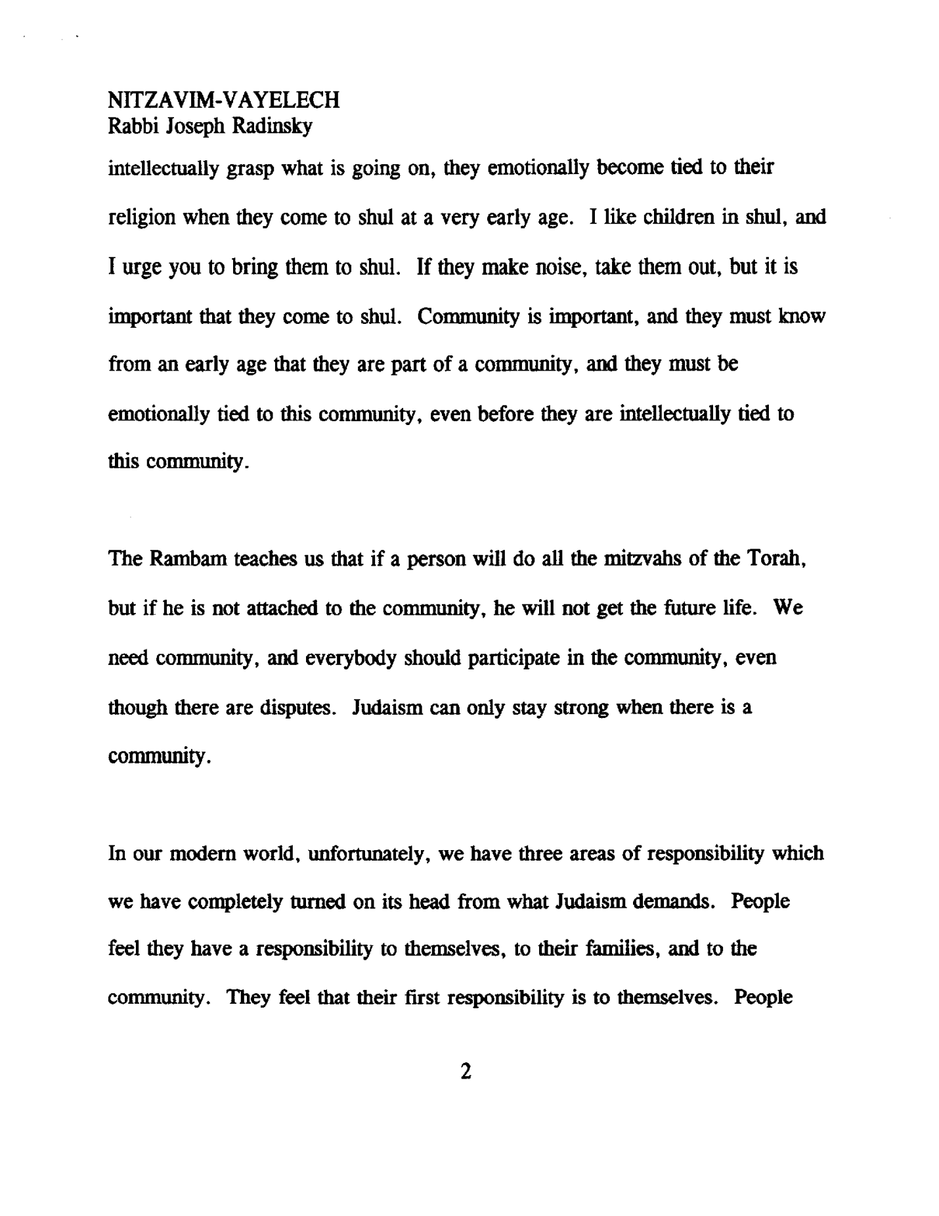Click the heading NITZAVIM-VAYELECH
pyautogui.click(x=223, y=100)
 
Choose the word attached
pyautogui.click(x=282, y=609)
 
